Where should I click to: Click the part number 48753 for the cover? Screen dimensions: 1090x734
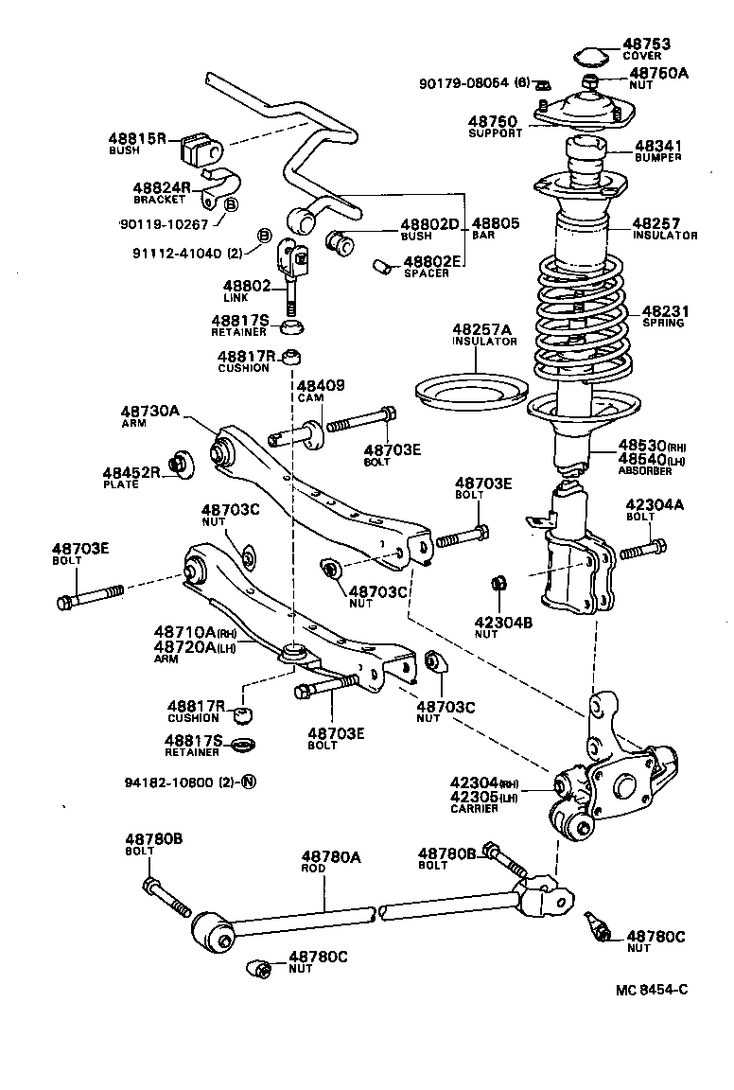pos(646,44)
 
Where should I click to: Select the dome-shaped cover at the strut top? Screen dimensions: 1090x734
pos(591,55)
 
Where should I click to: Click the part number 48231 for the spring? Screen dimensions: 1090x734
pos(666,310)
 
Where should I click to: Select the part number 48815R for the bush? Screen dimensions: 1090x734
pos(137,139)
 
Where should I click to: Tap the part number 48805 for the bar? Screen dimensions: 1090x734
pos(496,223)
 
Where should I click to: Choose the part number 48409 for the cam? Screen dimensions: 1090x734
pos(321,386)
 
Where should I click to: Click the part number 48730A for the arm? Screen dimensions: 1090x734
pos(149,412)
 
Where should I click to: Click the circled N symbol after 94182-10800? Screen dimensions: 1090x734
pos(249,782)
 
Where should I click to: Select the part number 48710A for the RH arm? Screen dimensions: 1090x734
pos(184,633)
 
